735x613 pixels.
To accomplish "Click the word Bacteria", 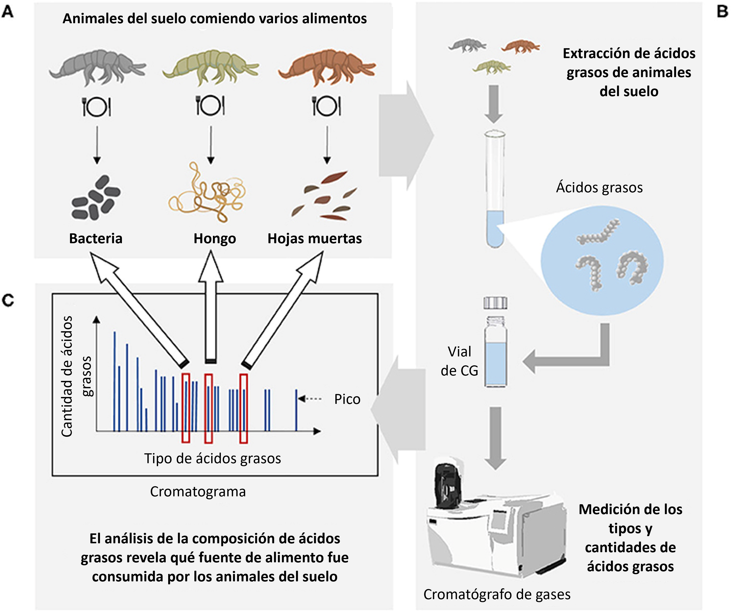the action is click(96, 238).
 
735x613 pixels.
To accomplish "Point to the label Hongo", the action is click(215, 239).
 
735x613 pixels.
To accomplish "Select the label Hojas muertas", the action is click(315, 238).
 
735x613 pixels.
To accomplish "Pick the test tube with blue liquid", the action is click(495, 189).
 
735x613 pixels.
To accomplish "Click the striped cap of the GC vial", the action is click(495, 303).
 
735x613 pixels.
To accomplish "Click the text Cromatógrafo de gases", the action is click(497, 594).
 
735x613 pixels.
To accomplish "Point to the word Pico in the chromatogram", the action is click(347, 399).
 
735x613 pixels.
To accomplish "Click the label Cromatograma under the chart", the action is click(198, 492).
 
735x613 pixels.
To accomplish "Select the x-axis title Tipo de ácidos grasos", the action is click(213, 458).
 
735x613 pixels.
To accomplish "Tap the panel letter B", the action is click(722, 12).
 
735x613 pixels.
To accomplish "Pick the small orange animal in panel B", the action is click(520, 46).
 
